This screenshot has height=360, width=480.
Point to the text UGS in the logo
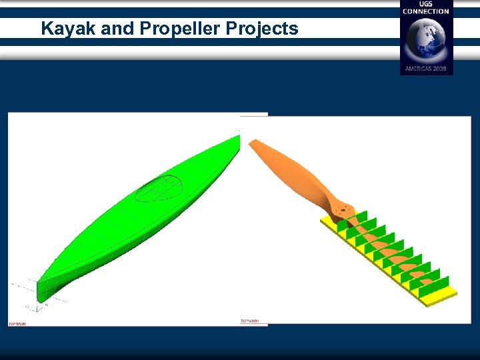(426, 4)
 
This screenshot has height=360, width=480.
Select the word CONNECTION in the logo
(426, 11)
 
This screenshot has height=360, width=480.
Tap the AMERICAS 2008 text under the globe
(426, 69)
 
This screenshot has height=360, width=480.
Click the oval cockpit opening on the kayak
(159, 187)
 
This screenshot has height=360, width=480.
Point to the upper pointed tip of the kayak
(238, 137)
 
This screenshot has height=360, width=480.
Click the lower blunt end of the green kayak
(41, 293)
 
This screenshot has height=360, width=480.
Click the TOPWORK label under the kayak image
(17, 324)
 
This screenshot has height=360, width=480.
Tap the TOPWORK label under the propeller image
(249, 321)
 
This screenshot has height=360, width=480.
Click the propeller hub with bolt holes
(342, 209)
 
